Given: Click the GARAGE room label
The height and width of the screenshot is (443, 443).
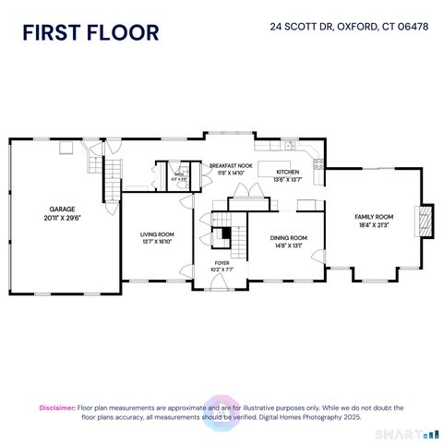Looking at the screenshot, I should pyautogui.click(x=62, y=209).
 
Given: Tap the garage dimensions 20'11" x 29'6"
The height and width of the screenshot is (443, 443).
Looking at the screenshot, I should pyautogui.click(x=62, y=219).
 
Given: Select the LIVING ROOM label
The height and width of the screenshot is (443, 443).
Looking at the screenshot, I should pyautogui.click(x=157, y=235).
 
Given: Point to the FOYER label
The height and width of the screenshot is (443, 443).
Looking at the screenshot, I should pyautogui.click(x=222, y=263).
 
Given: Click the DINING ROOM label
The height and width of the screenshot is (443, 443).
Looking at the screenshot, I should pyautogui.click(x=288, y=237).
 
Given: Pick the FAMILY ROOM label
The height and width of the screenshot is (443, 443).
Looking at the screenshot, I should pyautogui.click(x=374, y=216).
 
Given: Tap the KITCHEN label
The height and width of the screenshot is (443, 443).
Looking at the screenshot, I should pyautogui.click(x=287, y=173).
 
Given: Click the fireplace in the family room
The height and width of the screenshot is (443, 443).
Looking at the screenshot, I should pyautogui.click(x=425, y=222).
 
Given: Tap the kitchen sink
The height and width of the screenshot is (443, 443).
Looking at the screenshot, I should pyautogui.click(x=290, y=146).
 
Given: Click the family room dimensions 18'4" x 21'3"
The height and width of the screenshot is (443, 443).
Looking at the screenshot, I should pyautogui.click(x=374, y=225).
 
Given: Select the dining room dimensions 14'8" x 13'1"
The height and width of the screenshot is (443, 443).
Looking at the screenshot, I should pyautogui.click(x=288, y=246).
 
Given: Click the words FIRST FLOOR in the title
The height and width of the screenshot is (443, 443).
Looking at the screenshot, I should pyautogui.click(x=90, y=32).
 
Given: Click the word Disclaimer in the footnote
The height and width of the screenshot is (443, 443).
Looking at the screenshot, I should pyautogui.click(x=57, y=407).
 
